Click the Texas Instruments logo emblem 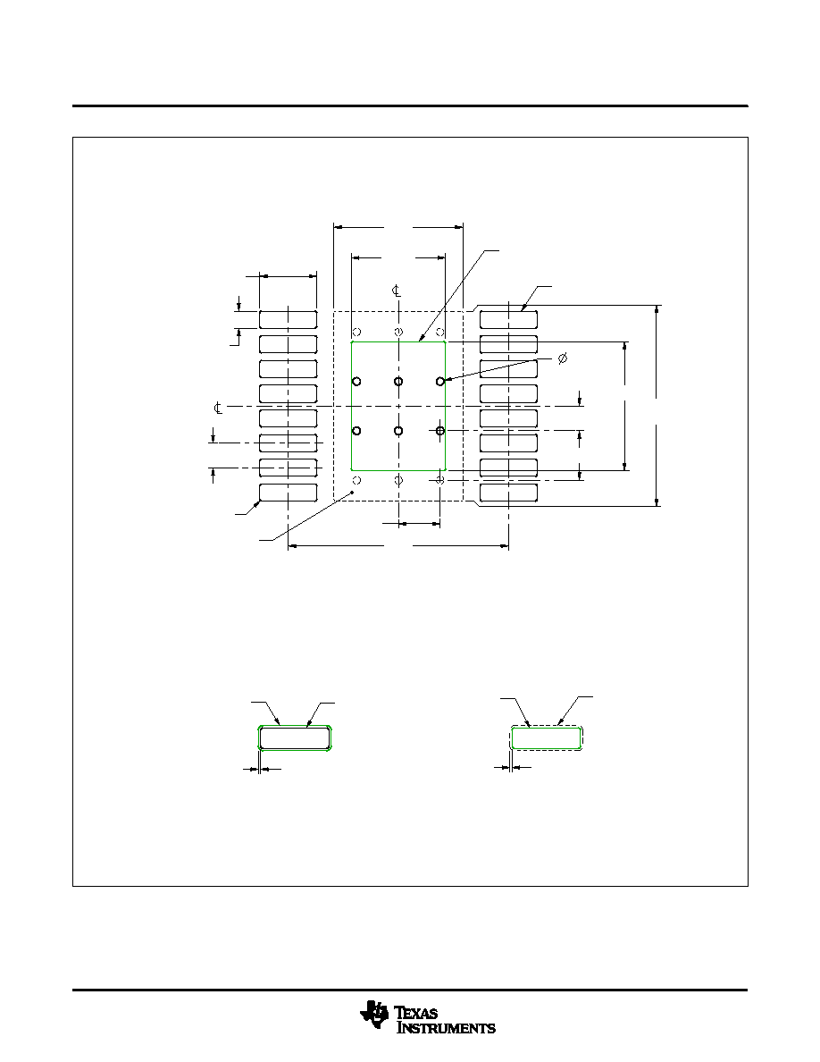375,1013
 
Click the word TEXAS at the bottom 417,1013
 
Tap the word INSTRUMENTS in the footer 446,1027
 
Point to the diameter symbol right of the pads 562,358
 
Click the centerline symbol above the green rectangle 397,291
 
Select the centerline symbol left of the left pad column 218,408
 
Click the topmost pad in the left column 289,320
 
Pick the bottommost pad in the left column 289,493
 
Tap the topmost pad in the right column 509,320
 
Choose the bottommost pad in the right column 509,493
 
